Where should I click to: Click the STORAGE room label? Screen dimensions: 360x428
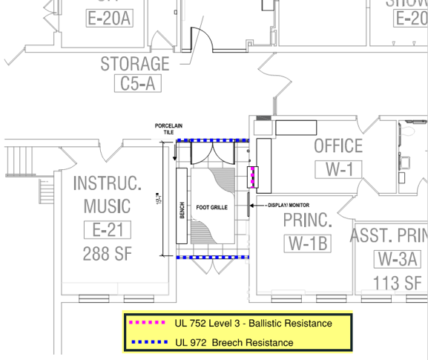tap(135, 64)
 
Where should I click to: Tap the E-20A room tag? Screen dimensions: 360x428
tap(109, 19)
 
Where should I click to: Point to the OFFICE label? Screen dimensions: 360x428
tap(338, 146)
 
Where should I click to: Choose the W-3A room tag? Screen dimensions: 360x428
tap(398, 259)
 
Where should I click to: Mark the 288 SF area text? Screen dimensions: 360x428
tap(107, 252)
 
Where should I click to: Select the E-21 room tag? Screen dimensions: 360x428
tap(107, 230)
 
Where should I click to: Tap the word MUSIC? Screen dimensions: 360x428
tap(107, 206)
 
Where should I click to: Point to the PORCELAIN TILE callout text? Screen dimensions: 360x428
tap(168, 129)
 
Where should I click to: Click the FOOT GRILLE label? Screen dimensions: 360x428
tap(211, 207)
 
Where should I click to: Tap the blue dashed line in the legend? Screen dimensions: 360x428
tap(147, 342)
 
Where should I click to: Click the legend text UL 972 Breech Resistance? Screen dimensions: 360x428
tap(234, 342)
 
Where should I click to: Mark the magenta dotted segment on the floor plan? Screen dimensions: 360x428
tap(252, 177)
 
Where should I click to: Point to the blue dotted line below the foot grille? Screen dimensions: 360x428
tap(213, 257)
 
